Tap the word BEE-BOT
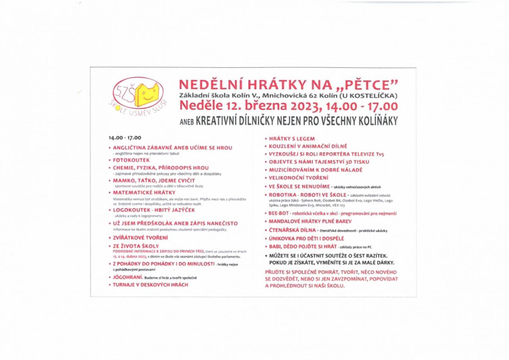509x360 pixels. coord(279,214)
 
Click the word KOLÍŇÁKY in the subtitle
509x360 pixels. coord(374,121)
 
